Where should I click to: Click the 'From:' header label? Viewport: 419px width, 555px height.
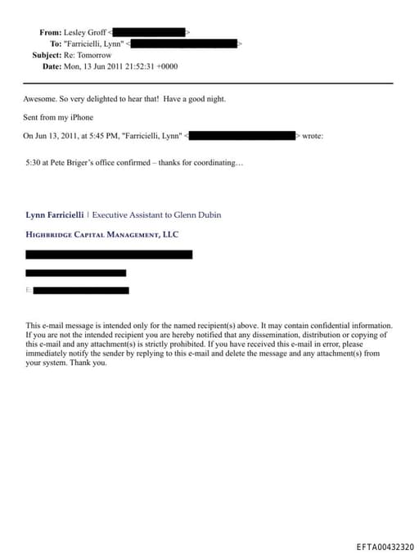(x=50, y=32)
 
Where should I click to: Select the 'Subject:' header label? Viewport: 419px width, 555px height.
(x=47, y=55)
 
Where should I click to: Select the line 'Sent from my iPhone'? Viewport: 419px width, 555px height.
(x=58, y=118)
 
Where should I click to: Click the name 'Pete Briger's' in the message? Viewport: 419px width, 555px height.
(x=88, y=162)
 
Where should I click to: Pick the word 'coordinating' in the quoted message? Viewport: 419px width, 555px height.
(x=219, y=162)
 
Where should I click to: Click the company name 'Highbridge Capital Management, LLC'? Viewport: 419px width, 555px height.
(x=101, y=234)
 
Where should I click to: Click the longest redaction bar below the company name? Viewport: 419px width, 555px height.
(x=109, y=255)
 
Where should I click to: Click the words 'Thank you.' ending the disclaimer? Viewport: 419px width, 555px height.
(x=88, y=363)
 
